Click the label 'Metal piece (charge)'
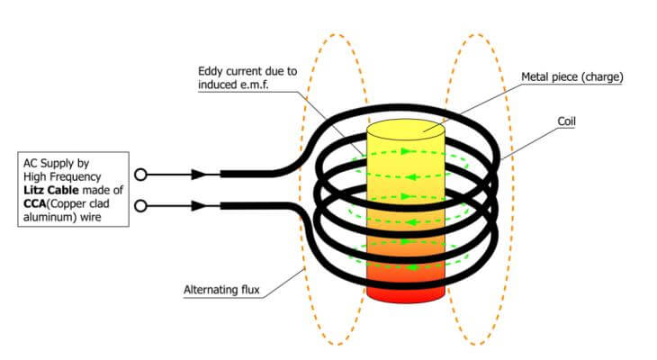pyautogui.click(x=572, y=77)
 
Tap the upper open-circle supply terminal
pyautogui.click(x=139, y=174)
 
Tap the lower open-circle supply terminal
pyautogui.click(x=139, y=206)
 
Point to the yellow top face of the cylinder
pyautogui.click(x=405, y=129)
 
